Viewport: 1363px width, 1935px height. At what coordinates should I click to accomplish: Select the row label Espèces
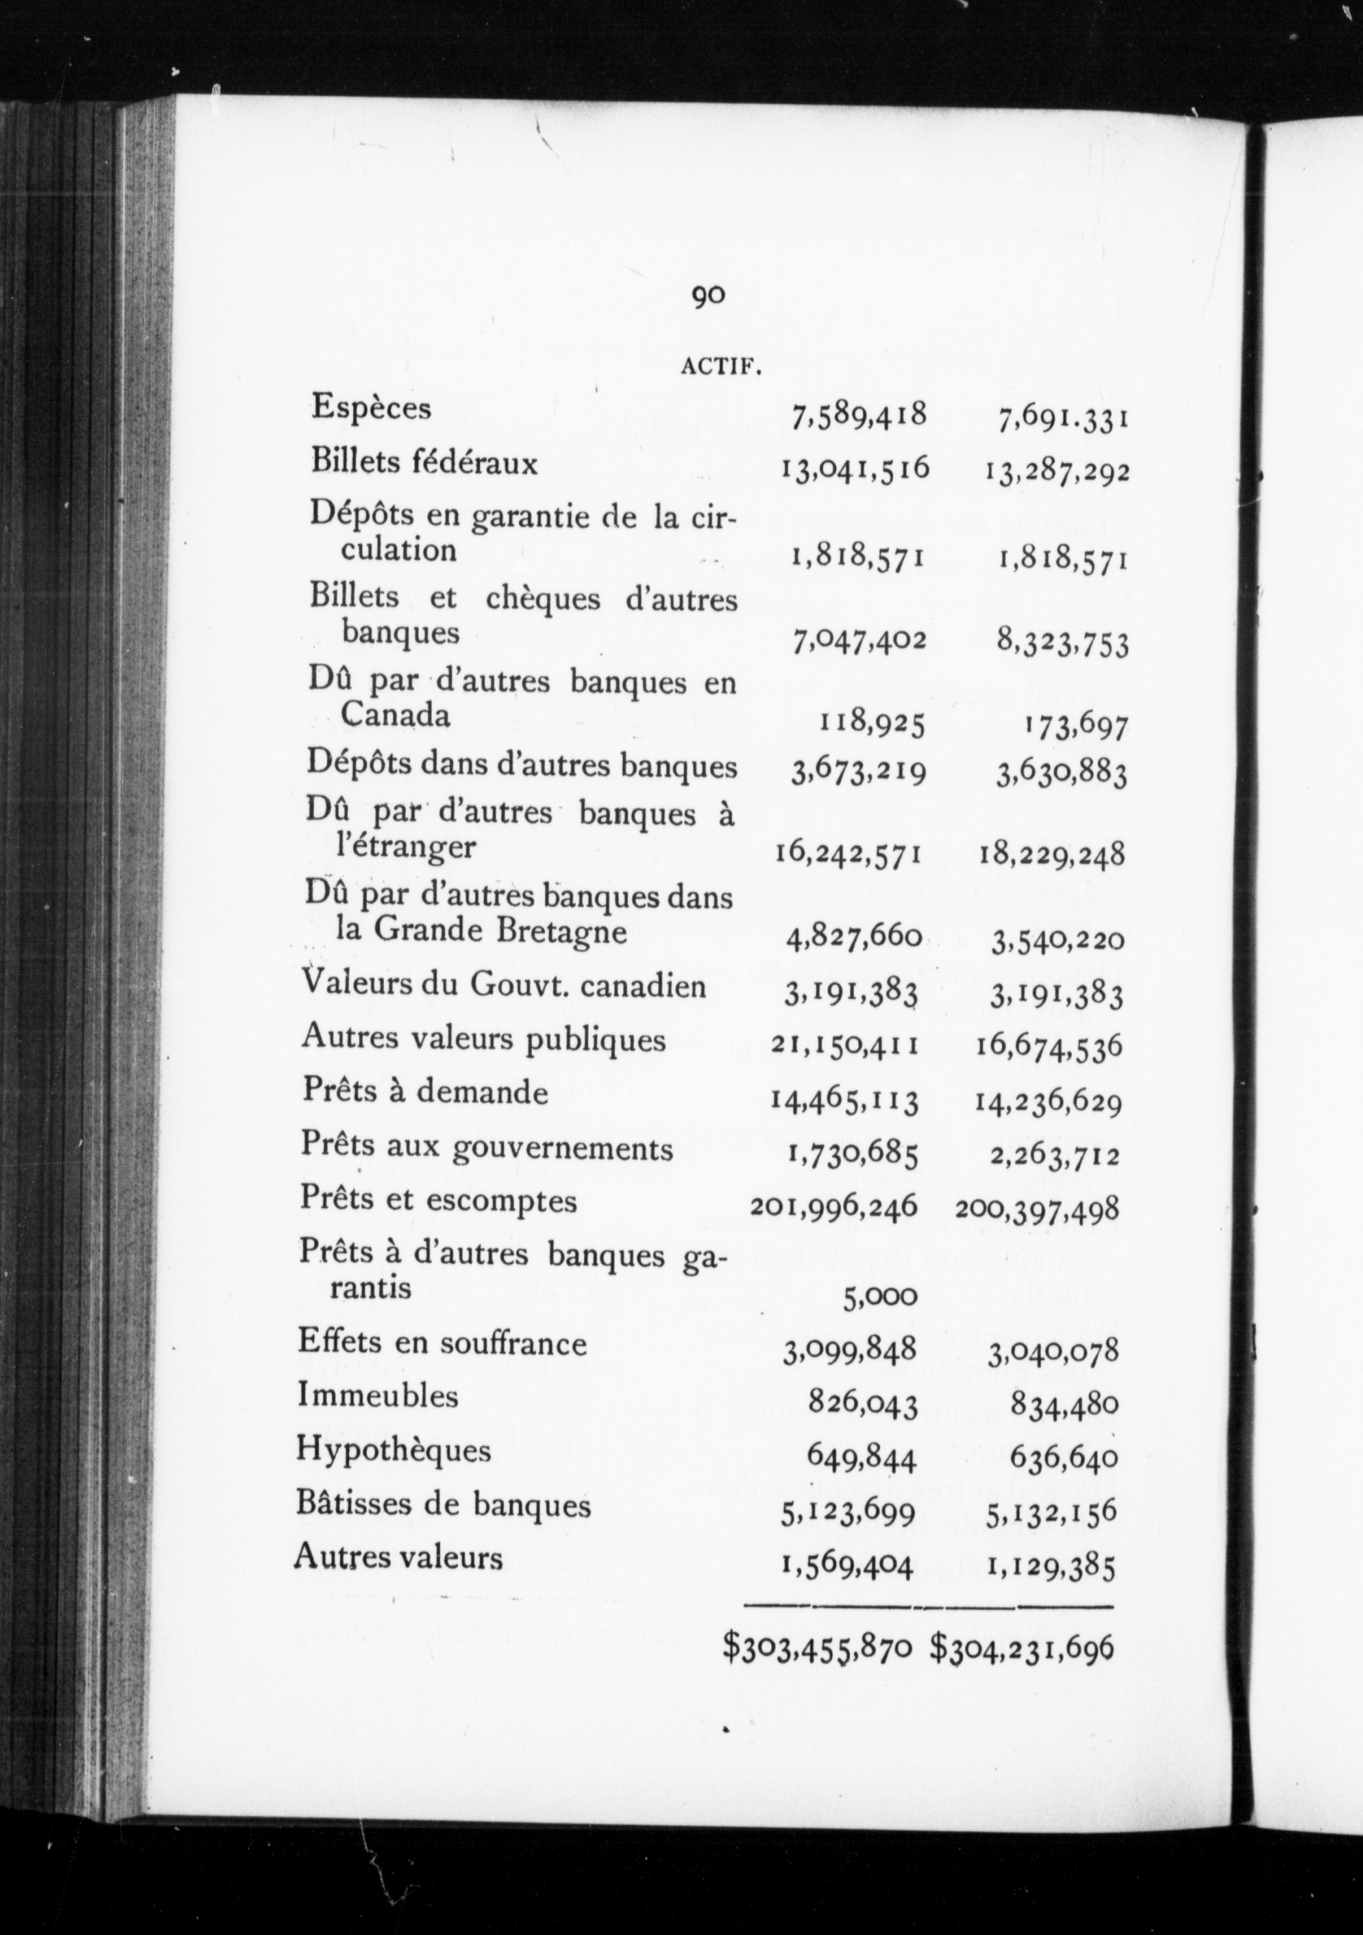(x=371, y=408)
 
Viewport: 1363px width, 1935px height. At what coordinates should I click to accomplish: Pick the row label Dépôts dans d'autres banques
(x=522, y=765)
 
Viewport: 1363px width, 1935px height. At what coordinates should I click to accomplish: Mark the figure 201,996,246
(x=833, y=1207)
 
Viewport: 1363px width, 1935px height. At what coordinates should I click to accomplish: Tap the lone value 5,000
(x=880, y=1297)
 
